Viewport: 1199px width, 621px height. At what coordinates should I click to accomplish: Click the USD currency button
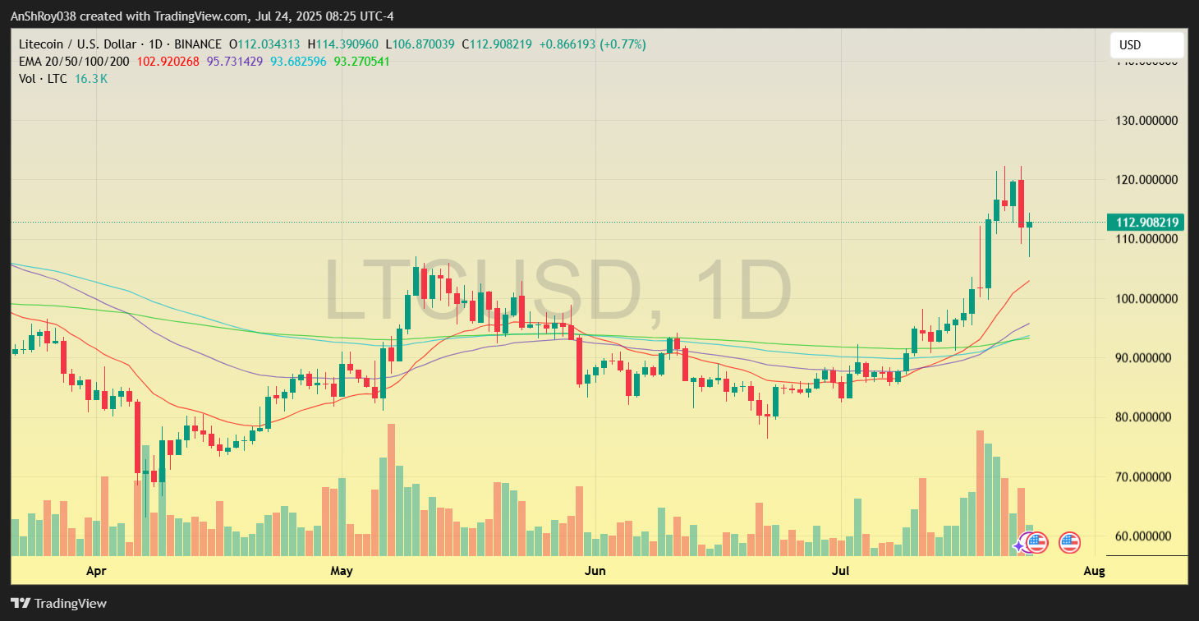[x=1146, y=45]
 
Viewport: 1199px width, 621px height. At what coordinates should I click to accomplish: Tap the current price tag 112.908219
[x=1146, y=223]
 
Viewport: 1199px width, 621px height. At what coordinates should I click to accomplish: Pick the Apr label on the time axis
[x=97, y=570]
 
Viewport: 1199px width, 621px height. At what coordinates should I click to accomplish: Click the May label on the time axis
[x=342, y=570]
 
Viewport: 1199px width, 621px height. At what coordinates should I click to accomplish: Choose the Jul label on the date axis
[x=839, y=570]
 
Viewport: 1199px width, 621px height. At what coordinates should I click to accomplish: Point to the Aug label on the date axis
[x=1094, y=570]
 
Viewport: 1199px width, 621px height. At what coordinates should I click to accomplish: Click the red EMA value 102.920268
[x=168, y=62]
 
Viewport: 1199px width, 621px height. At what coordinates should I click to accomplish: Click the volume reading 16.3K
[x=91, y=79]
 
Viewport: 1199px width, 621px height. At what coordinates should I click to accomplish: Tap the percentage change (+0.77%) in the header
[x=623, y=44]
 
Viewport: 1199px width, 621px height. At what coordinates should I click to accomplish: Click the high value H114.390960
[x=344, y=44]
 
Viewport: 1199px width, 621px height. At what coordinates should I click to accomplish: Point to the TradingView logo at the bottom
[x=58, y=604]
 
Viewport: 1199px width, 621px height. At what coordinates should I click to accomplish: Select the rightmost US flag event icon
[x=1068, y=542]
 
